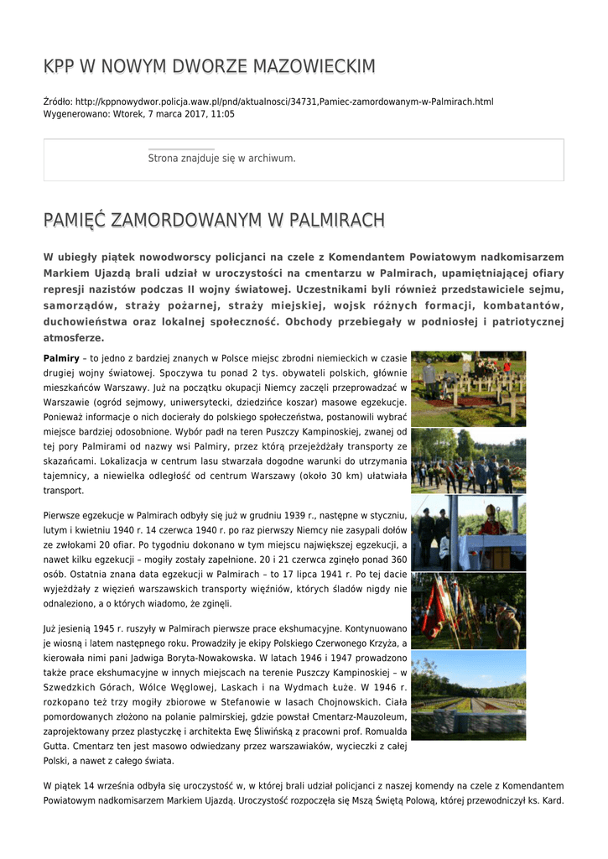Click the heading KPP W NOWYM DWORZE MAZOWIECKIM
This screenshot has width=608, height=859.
(x=209, y=66)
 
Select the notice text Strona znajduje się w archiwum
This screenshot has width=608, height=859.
(x=221, y=158)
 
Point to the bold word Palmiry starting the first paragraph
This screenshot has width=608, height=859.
(x=61, y=358)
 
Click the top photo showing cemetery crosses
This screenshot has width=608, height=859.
(x=468, y=388)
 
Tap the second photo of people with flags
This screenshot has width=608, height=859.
(x=468, y=461)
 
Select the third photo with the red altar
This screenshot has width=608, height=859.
(x=468, y=533)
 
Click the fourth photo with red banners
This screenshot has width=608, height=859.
(x=468, y=610)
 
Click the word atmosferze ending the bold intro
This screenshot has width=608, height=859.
(x=74, y=337)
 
